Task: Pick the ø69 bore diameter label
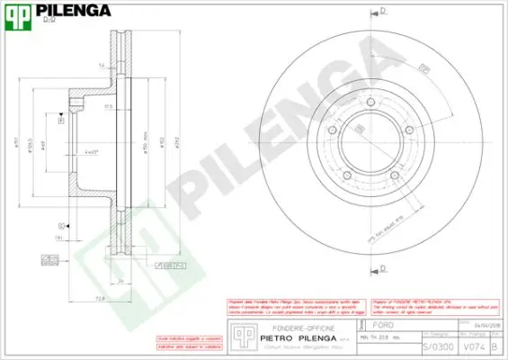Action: (x=42, y=143)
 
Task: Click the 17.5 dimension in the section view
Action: (x=108, y=106)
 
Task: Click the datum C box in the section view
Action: (x=61, y=225)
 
